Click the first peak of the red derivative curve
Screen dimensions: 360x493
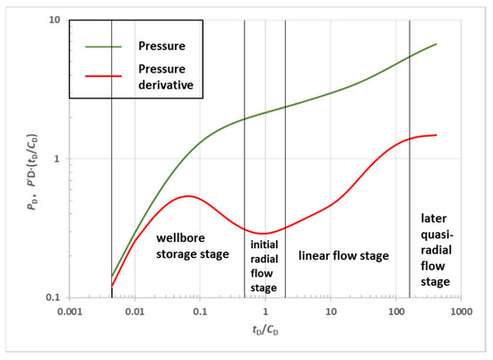tap(185, 196)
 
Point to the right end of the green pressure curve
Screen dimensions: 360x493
tap(437, 44)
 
